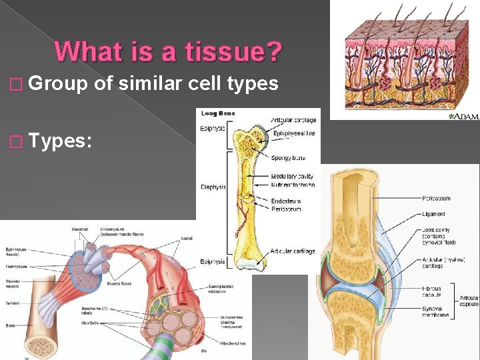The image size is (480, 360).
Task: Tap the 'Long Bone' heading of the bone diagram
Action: tap(218, 113)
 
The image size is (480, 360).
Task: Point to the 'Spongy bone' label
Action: tap(289, 158)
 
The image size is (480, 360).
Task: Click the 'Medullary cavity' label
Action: tap(292, 177)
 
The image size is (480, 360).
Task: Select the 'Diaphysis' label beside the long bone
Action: tap(213, 187)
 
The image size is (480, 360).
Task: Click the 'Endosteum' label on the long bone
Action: tap(287, 201)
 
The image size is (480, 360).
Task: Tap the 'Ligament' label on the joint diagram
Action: tap(433, 214)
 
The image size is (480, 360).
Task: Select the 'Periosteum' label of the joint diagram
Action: tap(436, 198)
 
